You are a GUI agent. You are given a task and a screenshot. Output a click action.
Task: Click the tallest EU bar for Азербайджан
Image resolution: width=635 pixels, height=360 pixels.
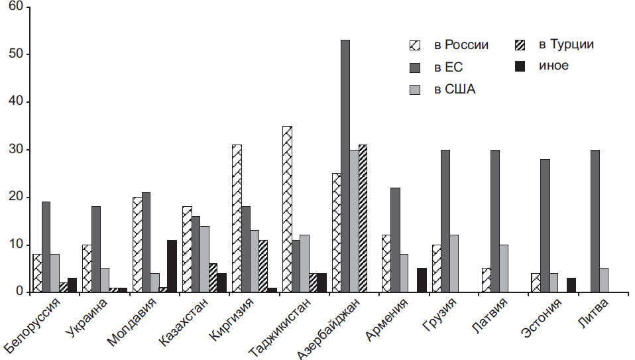tap(345, 166)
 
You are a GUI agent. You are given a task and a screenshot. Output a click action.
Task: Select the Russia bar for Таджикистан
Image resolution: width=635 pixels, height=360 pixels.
tap(286, 209)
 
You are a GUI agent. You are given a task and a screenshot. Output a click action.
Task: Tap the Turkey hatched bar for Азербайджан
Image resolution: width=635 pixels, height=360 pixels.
tap(362, 219)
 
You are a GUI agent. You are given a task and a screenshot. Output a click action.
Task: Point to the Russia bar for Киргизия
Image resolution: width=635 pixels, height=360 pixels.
tap(237, 219)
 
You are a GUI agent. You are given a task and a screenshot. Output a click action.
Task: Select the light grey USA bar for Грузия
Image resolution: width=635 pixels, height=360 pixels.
tap(453, 264)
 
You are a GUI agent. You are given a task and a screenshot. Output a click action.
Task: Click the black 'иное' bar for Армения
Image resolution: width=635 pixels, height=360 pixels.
tap(421, 280)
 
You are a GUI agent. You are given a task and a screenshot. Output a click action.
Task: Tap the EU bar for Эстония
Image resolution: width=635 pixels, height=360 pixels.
tap(545, 225)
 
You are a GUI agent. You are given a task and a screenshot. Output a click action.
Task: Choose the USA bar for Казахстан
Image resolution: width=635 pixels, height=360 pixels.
tap(204, 259)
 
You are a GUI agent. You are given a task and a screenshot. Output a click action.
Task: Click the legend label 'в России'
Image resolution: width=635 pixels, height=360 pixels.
tap(461, 45)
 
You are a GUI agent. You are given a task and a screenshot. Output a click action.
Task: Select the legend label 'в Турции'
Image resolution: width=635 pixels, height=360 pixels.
tap(565, 45)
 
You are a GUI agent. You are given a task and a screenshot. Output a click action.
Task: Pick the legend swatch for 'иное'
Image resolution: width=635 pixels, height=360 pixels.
tap(520, 66)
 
